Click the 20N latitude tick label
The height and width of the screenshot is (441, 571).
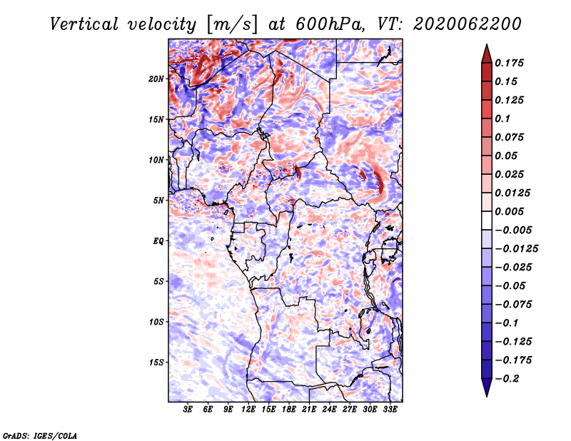pos(156,79)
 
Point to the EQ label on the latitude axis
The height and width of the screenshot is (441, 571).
pos(158,241)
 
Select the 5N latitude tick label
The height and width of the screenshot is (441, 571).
pos(158,201)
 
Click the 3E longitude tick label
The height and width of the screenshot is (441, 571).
pos(188,410)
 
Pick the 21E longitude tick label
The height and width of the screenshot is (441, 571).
pos(309,410)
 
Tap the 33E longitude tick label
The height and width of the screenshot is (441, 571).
pos(390,410)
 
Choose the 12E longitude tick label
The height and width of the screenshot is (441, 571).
pos(248,410)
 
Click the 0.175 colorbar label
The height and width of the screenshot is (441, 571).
pos(509,63)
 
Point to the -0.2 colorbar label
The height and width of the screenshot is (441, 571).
pos(507,379)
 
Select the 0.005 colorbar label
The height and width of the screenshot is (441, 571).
pos(509,211)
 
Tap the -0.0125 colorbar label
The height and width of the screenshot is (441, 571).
pos(516,249)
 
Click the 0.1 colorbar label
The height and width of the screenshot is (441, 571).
pos(502,118)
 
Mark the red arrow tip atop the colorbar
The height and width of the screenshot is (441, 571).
pos(487,44)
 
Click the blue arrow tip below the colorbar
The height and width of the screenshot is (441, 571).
pos(487,396)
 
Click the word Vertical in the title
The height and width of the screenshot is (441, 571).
pos(84,24)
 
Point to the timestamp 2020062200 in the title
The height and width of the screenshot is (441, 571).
pos(468,24)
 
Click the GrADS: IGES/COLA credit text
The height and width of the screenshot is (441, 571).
pos(40,436)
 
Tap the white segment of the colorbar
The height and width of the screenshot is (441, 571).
pos(487,220)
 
